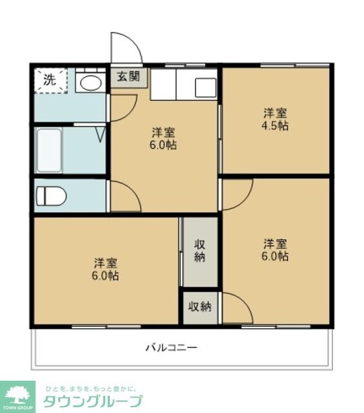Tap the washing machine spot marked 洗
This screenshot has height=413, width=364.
50,79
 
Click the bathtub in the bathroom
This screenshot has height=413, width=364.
50,151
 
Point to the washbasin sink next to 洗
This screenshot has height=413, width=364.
90,82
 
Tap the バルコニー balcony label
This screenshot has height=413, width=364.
171,347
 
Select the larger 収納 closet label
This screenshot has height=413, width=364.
200,250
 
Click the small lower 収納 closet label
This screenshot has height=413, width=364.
200,307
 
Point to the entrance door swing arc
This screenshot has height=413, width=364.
126,48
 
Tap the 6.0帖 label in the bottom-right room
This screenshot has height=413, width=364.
275,256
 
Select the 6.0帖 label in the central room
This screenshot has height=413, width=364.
164,145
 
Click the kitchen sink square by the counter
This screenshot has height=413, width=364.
206,86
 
